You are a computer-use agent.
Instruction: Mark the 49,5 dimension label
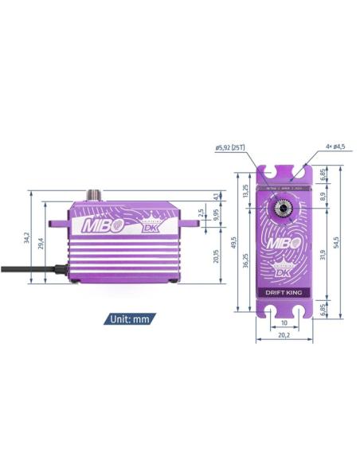tap(233, 240)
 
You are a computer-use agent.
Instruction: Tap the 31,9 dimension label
tap(322, 255)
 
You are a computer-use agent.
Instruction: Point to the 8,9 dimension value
tap(322, 195)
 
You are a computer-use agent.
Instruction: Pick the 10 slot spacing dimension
tap(284, 323)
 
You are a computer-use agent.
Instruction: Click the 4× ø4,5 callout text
tap(336, 147)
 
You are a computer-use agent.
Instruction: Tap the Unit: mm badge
tap(129, 319)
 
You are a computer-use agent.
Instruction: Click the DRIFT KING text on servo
tap(284, 291)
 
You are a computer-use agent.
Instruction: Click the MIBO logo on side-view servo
tap(99, 225)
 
